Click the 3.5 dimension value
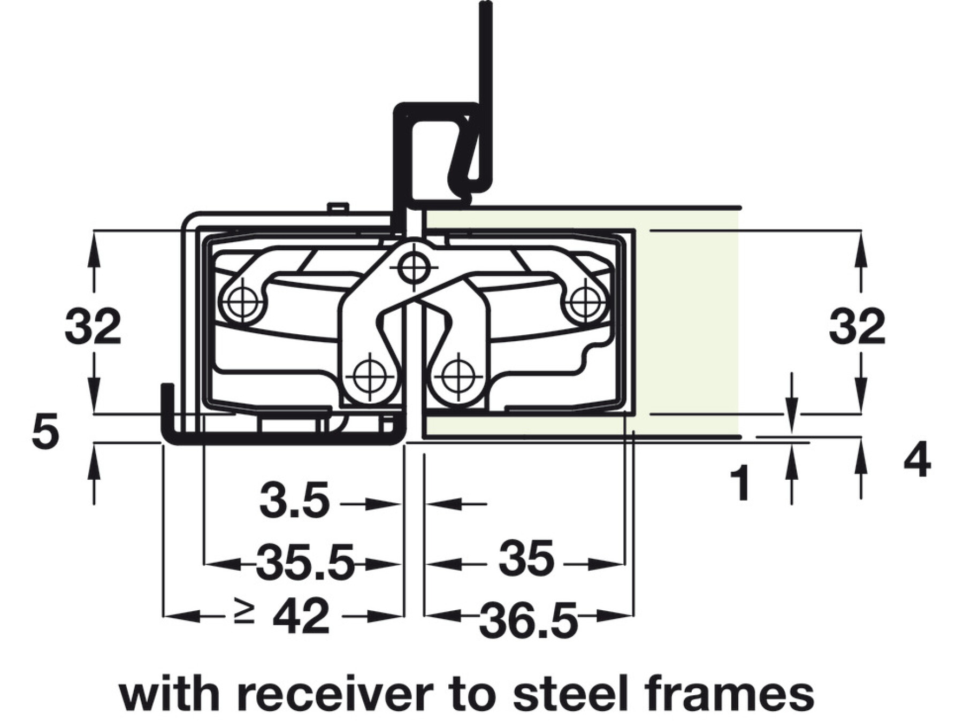tap(294, 502)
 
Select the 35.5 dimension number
tap(305, 562)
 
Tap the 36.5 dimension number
tap(528, 621)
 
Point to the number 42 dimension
tap(301, 616)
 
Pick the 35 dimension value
tap(526, 559)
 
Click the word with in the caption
tap(169, 694)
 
